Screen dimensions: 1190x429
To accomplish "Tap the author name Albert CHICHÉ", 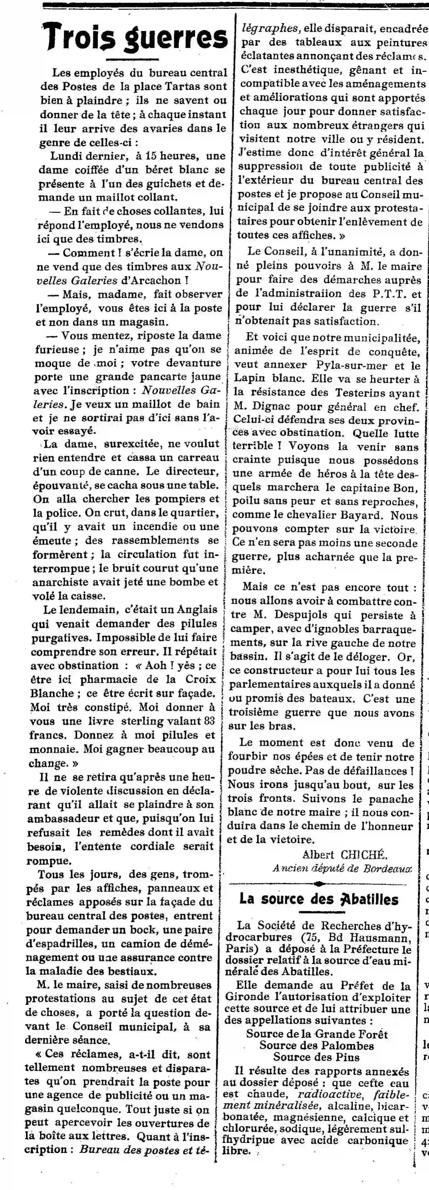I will (x=351, y=855).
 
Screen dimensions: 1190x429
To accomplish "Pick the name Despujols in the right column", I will (x=305, y=615).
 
